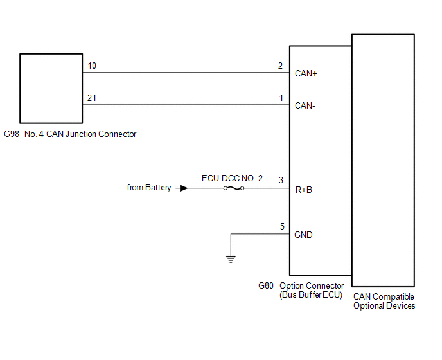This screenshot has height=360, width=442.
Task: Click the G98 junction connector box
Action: (x=51, y=88)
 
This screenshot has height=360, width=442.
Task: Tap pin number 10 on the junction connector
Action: (x=92, y=66)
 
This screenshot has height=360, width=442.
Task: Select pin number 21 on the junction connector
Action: (x=92, y=98)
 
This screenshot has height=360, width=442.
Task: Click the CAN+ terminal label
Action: (x=306, y=73)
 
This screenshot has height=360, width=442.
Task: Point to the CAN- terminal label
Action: (x=305, y=105)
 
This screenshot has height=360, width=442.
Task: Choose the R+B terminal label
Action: (x=304, y=190)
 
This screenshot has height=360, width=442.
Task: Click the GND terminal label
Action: (x=303, y=235)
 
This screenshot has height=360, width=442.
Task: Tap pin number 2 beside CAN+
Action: (x=280, y=66)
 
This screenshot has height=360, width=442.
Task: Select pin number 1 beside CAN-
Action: (x=280, y=98)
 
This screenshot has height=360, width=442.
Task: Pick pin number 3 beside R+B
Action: (x=280, y=181)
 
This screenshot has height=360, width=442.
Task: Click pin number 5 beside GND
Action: (x=281, y=226)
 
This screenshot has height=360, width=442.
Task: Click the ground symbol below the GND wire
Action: (x=231, y=259)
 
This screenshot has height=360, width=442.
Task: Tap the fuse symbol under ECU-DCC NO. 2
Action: (x=233, y=188)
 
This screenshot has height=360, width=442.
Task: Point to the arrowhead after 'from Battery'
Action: (x=184, y=188)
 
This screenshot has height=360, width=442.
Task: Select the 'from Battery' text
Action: (x=149, y=188)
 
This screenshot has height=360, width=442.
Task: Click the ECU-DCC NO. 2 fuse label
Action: (x=232, y=177)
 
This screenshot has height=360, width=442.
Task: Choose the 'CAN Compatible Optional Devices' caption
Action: (x=384, y=301)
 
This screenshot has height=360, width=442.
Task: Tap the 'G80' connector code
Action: (x=266, y=285)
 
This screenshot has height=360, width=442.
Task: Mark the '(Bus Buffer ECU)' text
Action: (x=312, y=295)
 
